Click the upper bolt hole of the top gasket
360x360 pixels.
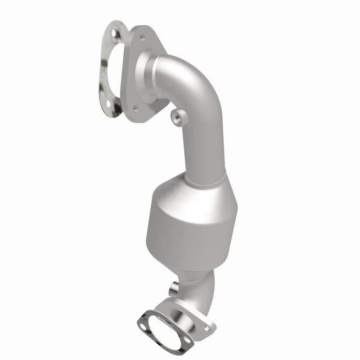pos(113,33)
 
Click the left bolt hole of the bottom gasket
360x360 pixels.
pos(141,321)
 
